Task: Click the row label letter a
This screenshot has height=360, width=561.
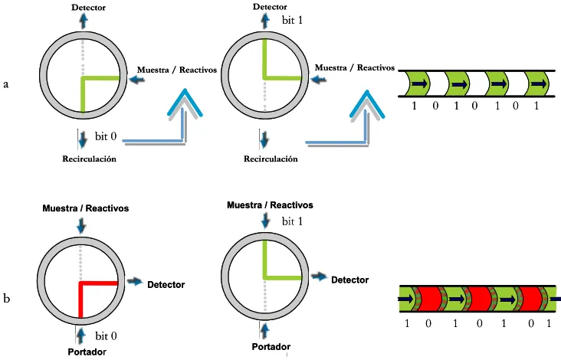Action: pos(5,85)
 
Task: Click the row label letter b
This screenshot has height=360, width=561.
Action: pos(6,298)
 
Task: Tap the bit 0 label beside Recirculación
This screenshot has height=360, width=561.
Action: pos(106,136)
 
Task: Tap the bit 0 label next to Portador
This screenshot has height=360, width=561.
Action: pos(107,336)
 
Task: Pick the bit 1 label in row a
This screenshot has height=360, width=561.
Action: pos(292,20)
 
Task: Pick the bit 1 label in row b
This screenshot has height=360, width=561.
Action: pos(292,221)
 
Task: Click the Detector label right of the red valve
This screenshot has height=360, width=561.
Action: pos(166,285)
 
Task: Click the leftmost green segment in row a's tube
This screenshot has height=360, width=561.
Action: pos(418,83)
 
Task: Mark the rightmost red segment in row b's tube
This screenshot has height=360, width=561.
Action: pos(530,299)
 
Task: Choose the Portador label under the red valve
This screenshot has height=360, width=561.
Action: pos(87,352)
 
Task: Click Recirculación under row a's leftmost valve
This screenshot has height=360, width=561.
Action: pos(90,159)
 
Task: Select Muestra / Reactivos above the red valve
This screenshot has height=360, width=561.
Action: pos(86,208)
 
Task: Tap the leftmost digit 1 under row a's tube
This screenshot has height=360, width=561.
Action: pos(415,106)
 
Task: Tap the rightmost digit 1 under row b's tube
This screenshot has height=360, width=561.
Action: pos(550,323)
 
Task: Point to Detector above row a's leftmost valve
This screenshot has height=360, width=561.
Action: pos(88,8)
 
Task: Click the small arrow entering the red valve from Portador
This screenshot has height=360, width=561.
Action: pos(81,335)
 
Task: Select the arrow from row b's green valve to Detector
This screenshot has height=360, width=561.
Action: pos(319,277)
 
